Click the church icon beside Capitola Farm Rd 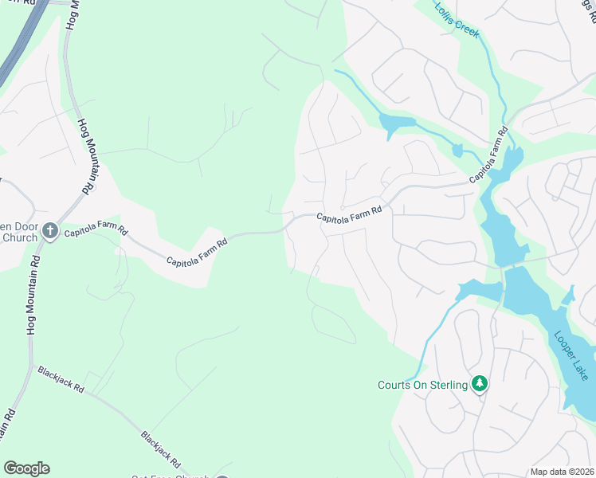point(50,231)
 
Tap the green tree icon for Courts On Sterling point(480,385)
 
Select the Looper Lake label point(571,355)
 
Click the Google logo point(26,468)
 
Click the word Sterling point(447,386)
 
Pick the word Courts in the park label point(394,386)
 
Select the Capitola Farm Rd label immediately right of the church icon point(96,231)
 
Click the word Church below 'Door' point(20,237)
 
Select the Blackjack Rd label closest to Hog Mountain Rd point(61,380)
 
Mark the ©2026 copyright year point(584,472)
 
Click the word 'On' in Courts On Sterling point(419,386)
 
